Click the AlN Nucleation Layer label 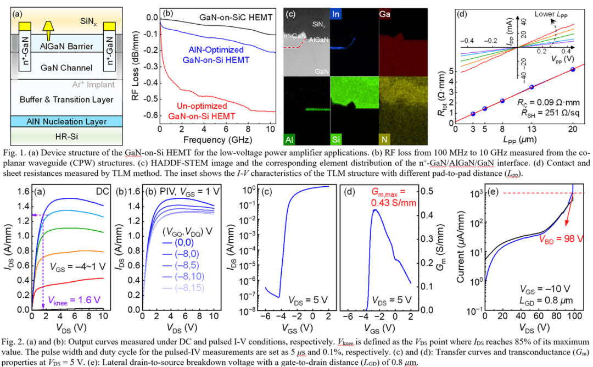66,121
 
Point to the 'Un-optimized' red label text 202,105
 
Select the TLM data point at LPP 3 473,114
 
